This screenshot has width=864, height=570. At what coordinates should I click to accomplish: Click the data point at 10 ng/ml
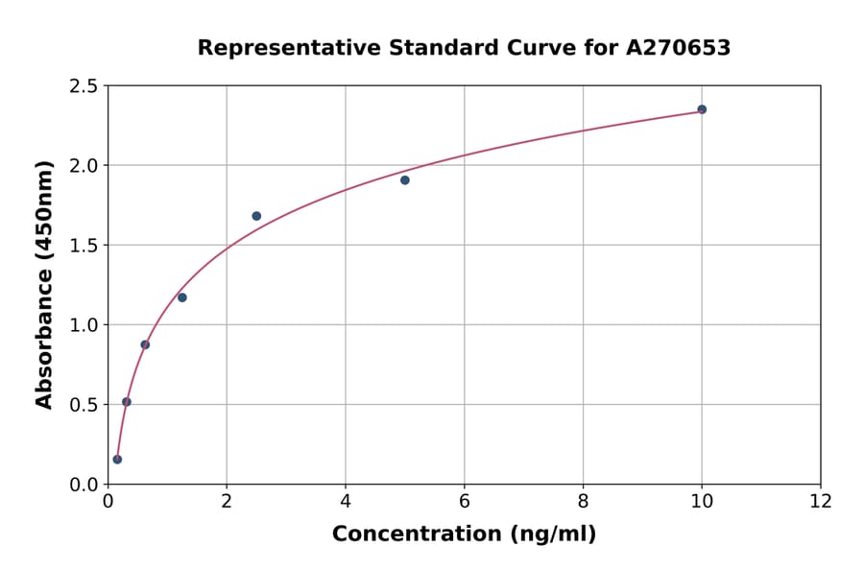point(702,109)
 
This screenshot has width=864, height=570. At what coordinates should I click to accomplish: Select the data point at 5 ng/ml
point(405,180)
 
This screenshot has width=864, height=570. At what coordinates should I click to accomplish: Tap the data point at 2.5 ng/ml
point(256,216)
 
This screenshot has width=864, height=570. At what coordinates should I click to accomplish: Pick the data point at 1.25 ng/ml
point(182,297)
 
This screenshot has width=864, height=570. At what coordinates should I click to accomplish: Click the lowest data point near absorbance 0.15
point(117,460)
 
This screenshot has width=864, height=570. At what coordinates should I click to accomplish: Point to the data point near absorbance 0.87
point(145,344)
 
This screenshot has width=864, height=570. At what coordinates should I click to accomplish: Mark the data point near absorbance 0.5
point(127,402)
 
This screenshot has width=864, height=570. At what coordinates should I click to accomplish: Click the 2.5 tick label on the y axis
point(84,86)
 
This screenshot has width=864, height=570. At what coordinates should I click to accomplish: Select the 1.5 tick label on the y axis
point(84,246)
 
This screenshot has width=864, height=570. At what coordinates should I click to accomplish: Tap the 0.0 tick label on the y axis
point(84,485)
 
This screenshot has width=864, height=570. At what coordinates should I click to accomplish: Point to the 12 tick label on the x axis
point(821,501)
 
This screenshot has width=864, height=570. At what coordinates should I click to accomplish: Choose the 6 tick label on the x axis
point(465,501)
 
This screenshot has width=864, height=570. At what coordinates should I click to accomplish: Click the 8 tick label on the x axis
point(584,501)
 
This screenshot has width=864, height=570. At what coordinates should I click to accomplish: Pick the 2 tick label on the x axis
point(227,501)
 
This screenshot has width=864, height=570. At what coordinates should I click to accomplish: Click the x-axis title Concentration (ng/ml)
point(464,534)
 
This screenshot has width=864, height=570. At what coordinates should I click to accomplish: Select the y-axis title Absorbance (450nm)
point(44,284)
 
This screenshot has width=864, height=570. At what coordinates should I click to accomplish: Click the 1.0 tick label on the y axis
point(84,325)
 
